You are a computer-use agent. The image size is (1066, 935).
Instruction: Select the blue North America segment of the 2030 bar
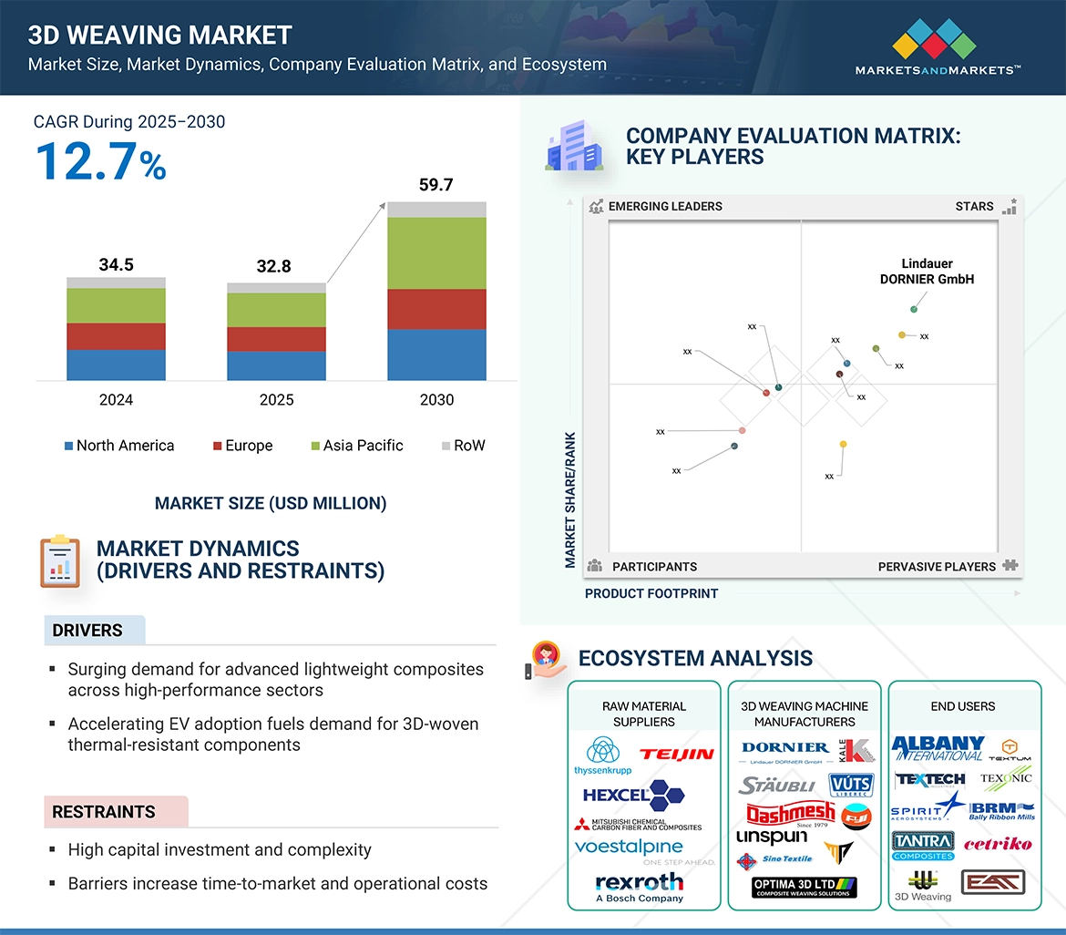click(x=436, y=354)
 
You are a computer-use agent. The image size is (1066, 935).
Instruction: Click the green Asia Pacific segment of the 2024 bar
click(x=116, y=306)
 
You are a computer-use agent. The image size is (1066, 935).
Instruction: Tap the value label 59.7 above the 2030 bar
click(x=436, y=185)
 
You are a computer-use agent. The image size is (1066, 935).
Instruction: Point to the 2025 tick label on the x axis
click(x=276, y=400)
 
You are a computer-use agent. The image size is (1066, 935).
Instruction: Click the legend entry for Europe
click(x=242, y=446)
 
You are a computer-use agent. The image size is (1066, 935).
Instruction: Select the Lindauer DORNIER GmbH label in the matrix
click(x=927, y=272)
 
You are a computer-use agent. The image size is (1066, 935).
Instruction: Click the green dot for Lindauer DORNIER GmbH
click(x=914, y=310)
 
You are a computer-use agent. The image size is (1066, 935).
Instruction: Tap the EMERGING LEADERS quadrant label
click(x=664, y=206)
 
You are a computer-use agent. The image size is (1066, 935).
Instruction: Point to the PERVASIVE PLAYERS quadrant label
click(x=937, y=567)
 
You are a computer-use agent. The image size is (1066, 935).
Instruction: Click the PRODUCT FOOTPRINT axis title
click(x=651, y=593)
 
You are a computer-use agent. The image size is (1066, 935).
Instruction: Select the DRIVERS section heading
click(x=87, y=631)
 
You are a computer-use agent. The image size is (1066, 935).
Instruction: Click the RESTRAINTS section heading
click(x=104, y=812)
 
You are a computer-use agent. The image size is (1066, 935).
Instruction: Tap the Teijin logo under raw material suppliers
click(x=676, y=755)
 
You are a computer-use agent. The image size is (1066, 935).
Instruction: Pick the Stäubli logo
click(x=776, y=786)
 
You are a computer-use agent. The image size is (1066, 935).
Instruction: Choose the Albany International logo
click(x=938, y=748)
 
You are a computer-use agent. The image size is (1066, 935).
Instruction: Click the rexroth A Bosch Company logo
click(x=639, y=887)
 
